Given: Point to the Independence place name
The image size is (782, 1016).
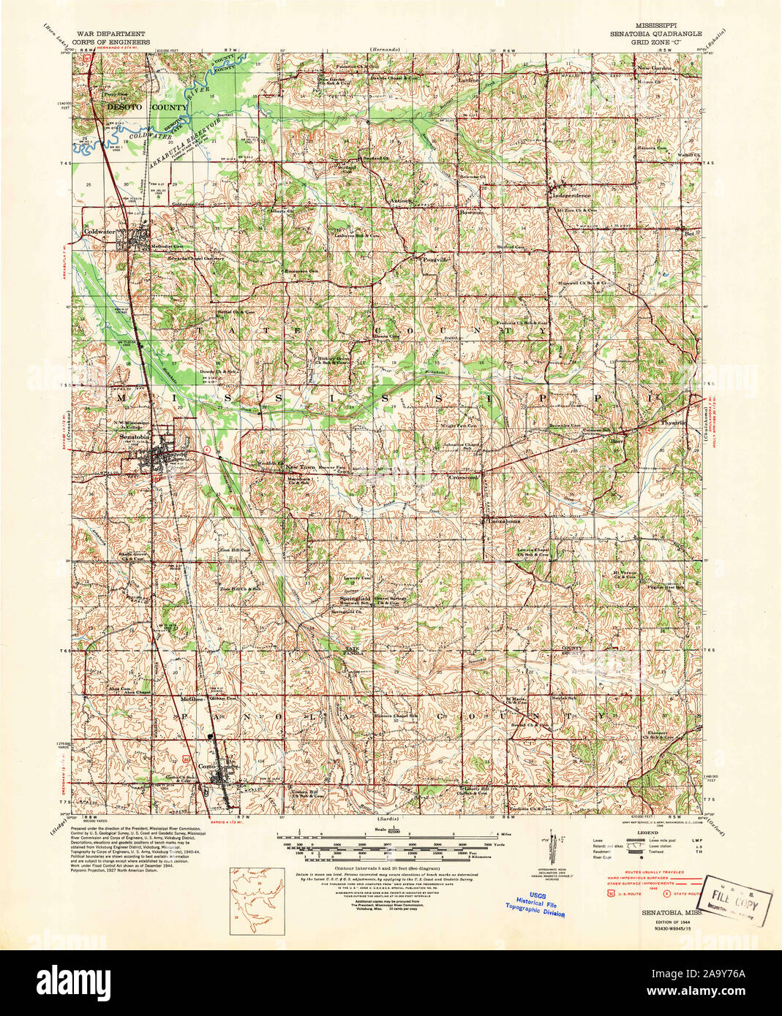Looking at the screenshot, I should tap(571, 196).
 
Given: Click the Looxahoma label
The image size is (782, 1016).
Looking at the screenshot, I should tap(505, 521).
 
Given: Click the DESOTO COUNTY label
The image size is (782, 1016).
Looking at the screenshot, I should tap(137, 107).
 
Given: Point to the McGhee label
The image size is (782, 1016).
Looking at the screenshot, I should tap(191, 699).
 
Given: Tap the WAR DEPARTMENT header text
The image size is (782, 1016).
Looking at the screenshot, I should tap(110, 34).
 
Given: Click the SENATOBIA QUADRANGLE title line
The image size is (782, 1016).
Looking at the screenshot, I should tap(655, 34).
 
